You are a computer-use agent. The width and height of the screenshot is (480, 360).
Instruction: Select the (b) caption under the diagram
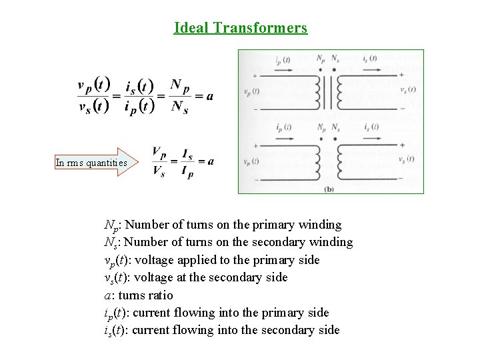(329, 189)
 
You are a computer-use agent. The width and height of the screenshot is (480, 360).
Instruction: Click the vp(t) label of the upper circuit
(252, 91)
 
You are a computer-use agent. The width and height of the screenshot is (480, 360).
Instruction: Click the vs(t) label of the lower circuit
(407, 159)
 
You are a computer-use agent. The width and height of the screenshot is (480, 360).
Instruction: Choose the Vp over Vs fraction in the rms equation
(159, 162)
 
